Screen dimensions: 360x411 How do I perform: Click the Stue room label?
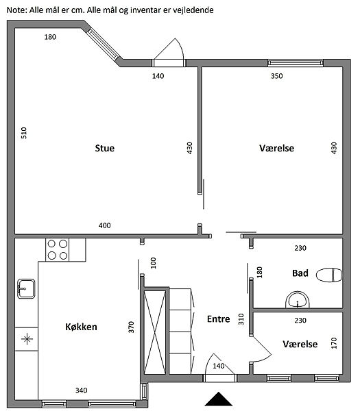tap(104, 148)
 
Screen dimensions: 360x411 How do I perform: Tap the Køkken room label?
tap(81, 327)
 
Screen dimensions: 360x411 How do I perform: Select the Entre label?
tap(218, 319)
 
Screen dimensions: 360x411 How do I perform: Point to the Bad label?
tap(300, 273)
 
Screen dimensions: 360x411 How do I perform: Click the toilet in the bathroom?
tap(329, 275)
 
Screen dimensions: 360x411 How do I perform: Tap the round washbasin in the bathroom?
tap(298, 299)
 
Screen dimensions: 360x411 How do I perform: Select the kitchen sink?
tap(26, 288)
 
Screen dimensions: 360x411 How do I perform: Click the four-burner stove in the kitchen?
tap(57, 250)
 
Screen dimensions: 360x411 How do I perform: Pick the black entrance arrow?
tap(218, 399)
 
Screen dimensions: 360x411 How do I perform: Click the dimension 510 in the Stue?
tap(23, 133)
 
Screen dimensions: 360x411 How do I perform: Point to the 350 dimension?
tap(276, 76)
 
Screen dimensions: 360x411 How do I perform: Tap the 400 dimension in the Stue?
tap(104, 225)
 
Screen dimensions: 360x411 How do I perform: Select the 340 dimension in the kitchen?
tap(81, 390)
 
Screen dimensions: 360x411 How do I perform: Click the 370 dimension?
tap(131, 327)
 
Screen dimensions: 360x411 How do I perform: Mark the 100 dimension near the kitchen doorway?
tap(153, 263)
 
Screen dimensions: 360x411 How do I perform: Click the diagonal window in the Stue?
tap(103, 44)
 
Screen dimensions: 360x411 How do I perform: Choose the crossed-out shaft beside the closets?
tap(155, 332)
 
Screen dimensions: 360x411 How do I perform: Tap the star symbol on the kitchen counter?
tap(27, 339)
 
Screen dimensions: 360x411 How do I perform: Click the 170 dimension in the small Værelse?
tap(334, 343)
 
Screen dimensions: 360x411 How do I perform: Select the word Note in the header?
tap(16, 10)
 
